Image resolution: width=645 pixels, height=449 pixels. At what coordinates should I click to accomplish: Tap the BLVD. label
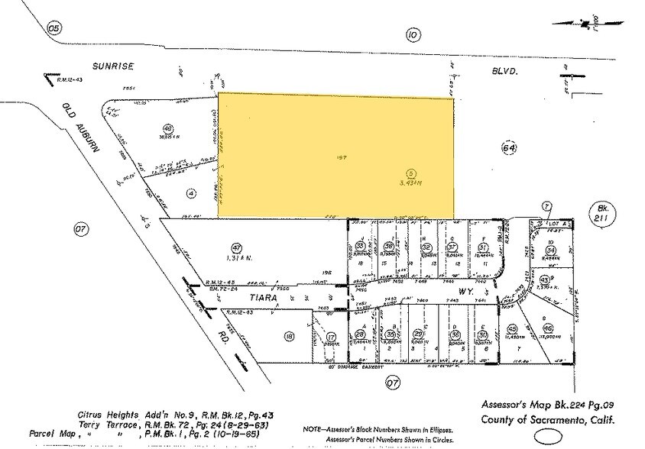click(x=504, y=71)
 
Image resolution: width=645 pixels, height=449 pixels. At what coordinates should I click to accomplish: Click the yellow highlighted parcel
click(x=335, y=155)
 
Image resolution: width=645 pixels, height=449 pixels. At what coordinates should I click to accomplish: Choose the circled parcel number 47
click(x=237, y=247)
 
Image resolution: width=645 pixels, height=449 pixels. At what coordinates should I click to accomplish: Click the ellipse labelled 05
click(x=53, y=28)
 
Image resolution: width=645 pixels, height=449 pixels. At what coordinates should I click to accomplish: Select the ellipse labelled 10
click(x=413, y=34)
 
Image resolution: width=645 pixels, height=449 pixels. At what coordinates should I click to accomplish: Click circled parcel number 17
click(x=331, y=336)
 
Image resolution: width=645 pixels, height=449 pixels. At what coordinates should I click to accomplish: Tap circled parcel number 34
click(x=550, y=250)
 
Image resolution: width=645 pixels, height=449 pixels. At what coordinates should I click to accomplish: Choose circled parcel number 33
click(x=360, y=245)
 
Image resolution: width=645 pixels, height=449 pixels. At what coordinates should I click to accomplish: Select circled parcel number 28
click(x=360, y=334)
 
